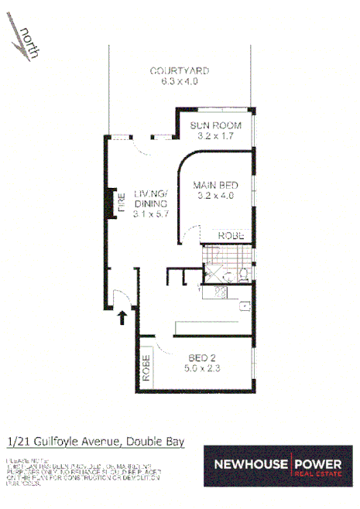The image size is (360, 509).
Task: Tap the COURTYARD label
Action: click(x=180, y=70)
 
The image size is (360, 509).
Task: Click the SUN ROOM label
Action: click(x=215, y=125)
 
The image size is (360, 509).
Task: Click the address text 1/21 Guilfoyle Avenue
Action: click(x=62, y=442)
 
